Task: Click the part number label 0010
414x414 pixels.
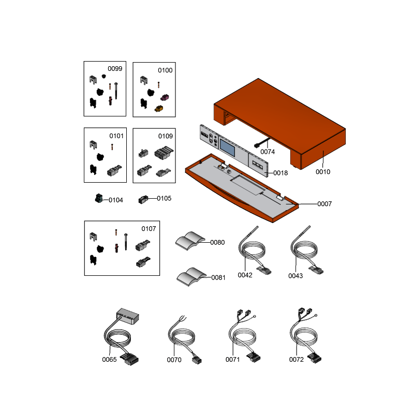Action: (323, 172)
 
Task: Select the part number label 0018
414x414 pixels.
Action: (280, 173)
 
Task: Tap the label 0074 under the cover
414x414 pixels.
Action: (268, 152)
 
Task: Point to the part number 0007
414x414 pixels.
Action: (324, 204)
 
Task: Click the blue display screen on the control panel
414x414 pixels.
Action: (227, 147)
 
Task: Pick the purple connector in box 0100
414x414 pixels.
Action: (165, 97)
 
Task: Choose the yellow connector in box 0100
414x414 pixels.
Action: (159, 109)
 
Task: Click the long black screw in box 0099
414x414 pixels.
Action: (116, 91)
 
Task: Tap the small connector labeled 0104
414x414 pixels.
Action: (99, 198)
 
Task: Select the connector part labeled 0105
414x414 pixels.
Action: (143, 199)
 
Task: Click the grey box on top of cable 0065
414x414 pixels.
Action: (128, 316)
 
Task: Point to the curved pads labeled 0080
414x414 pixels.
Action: (190, 241)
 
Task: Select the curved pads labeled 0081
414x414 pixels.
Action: (191, 277)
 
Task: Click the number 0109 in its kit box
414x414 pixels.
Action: (165, 136)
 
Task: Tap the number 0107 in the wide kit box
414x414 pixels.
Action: (149, 229)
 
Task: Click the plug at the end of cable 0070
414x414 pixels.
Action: (197, 360)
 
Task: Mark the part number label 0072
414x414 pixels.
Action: (296, 359)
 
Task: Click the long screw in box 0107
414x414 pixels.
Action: (126, 242)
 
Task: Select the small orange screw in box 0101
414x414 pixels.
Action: (112, 147)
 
